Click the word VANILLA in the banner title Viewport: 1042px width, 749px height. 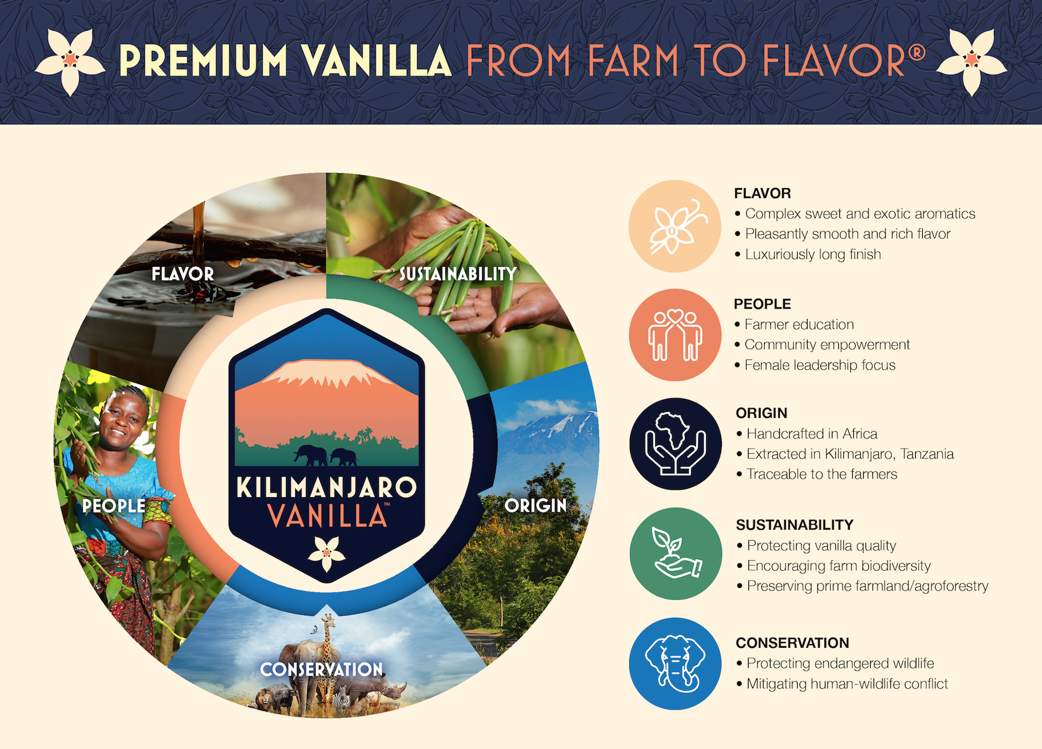377,60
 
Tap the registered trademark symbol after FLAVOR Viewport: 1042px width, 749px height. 916,53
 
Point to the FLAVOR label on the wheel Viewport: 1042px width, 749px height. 183,274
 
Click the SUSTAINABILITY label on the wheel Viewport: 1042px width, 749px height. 458,274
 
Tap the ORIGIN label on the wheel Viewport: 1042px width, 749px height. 535,505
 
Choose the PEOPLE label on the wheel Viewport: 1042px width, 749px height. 114,506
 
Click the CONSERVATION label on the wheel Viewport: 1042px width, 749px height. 322,669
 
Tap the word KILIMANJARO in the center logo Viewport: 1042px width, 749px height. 326,487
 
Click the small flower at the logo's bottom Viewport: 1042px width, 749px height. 326,553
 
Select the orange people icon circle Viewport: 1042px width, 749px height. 675,335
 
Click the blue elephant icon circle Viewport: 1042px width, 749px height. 675,663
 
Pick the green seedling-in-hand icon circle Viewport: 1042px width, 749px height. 676,554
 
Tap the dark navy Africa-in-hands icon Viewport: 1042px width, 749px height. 676,444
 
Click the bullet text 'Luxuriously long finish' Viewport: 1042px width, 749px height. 813,255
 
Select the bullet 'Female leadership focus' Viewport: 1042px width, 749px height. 820,365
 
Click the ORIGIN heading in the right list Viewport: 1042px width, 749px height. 761,413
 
